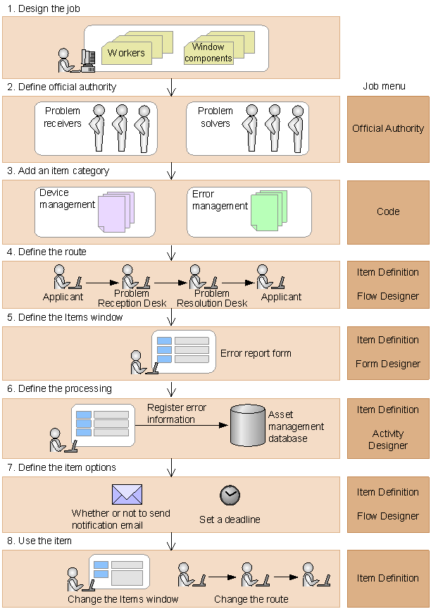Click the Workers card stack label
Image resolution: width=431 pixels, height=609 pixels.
tap(126, 53)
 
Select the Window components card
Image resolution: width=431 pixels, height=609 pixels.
tap(208, 53)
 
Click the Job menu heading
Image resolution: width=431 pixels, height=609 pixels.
tap(384, 86)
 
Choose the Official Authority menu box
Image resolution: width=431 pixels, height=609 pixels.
tap(388, 129)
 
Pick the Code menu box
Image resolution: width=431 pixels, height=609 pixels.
tap(388, 212)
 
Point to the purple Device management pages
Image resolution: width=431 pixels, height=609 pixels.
tap(116, 211)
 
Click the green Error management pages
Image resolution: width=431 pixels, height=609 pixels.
tap(269, 211)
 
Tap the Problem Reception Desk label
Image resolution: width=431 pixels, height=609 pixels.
tap(132, 298)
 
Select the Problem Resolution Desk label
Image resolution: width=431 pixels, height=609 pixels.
tap(212, 298)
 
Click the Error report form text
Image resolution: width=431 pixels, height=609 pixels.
tap(256, 353)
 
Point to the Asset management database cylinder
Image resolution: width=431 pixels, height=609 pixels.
tap(248, 425)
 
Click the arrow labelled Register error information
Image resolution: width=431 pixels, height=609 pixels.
tap(181, 425)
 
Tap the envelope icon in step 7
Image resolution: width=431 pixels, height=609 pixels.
tap(127, 494)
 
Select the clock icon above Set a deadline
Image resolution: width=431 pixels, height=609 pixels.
tap(230, 496)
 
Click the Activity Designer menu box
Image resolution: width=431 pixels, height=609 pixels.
tap(388, 429)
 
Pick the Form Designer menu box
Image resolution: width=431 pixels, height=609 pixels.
tap(388, 352)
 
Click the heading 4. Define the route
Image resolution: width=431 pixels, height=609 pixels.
tap(46, 252)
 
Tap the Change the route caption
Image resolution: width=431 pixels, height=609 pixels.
tap(251, 599)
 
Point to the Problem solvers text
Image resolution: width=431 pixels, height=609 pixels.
tap(216, 117)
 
